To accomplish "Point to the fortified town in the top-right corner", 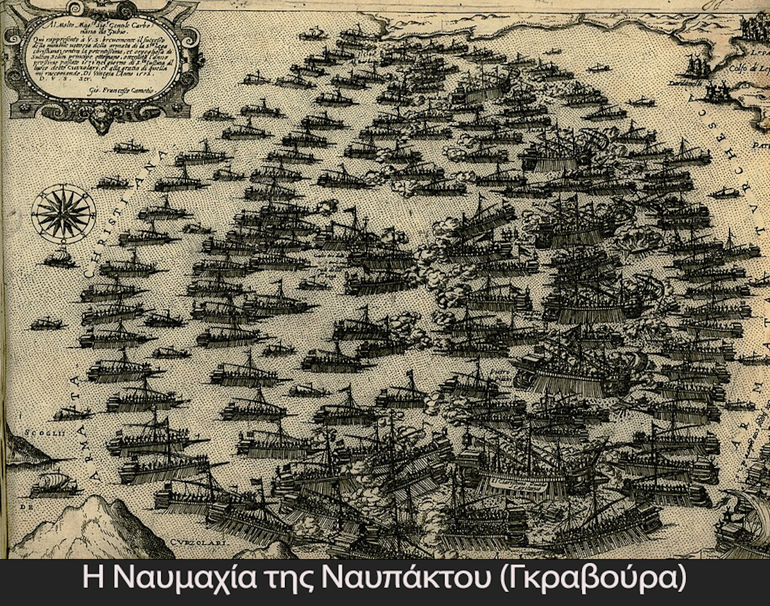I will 751,26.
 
